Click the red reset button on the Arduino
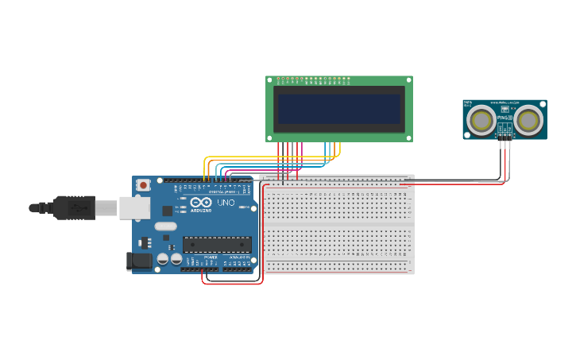point(143,185)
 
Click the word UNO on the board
point(226,203)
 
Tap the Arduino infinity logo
point(201,203)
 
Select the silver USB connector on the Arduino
point(134,208)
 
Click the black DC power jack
point(139,260)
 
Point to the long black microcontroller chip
point(216,245)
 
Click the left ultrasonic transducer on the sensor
point(481,121)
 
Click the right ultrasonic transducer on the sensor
point(529,121)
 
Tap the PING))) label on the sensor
point(504,118)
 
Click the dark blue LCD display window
point(339,109)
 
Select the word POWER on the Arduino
point(211,257)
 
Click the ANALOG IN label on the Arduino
point(240,257)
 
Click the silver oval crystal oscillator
point(165,226)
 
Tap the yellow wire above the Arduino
point(270,157)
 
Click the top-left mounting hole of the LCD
point(269,79)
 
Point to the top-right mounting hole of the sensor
point(543,103)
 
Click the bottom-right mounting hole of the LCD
point(409,138)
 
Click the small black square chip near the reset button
point(168,211)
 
